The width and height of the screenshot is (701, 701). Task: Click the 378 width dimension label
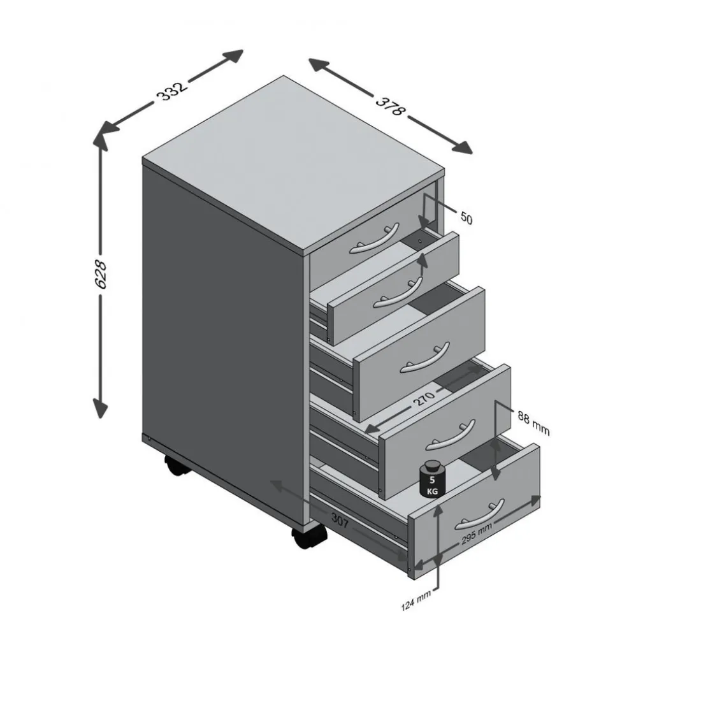click(390, 106)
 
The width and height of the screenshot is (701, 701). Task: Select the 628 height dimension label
click(101, 274)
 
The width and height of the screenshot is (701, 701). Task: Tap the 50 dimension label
click(466, 218)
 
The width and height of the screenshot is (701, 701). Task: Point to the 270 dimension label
click(424, 397)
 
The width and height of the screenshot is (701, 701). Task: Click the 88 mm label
click(533, 423)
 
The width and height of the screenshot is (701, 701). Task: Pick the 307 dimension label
click(340, 520)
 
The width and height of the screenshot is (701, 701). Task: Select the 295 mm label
click(477, 533)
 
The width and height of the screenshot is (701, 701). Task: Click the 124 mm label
click(416, 600)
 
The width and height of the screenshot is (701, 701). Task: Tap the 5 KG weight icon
click(432, 478)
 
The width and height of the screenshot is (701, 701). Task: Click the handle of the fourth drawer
click(450, 434)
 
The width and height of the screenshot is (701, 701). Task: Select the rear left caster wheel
click(177, 466)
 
